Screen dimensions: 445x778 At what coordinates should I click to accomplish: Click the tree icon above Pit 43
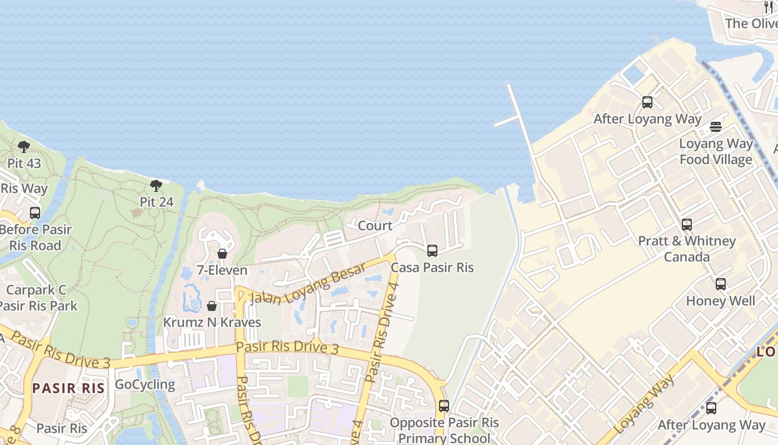[23, 147]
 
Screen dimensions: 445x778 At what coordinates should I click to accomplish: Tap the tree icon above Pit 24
[156, 185]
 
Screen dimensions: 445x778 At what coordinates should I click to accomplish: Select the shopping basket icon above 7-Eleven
[222, 254]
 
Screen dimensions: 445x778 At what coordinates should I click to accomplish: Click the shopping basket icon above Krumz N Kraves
[212, 306]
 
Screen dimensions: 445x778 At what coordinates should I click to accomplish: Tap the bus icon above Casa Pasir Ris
[432, 251]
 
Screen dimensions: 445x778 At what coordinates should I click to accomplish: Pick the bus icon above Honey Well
[721, 284]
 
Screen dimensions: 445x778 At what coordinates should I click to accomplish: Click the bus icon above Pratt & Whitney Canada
[687, 225]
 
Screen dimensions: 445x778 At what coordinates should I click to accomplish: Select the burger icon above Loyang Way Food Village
[716, 127]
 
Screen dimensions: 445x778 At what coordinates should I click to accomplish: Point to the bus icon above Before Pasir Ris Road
[35, 212]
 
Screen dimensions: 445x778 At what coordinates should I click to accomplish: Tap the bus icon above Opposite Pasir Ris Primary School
[443, 406]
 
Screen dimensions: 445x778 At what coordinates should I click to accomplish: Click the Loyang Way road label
[646, 404]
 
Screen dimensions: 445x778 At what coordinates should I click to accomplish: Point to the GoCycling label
[145, 384]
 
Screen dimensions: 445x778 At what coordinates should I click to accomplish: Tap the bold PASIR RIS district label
[68, 388]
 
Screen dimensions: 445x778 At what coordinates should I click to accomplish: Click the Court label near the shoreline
[375, 226]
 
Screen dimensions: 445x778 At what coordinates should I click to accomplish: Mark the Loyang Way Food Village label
[716, 152]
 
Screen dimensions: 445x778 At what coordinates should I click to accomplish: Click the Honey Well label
[721, 301]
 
